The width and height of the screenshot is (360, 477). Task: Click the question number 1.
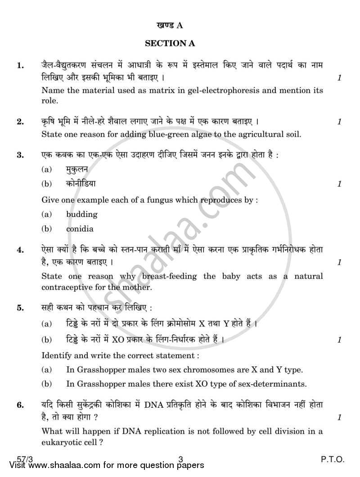coord(20,66)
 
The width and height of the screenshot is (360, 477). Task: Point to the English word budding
coord(82,214)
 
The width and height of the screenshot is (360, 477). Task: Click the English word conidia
coord(80,229)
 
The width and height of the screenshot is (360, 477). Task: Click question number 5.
coord(20,308)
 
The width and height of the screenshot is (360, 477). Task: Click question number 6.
coord(20,405)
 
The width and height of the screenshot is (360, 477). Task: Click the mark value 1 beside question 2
coord(339,121)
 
